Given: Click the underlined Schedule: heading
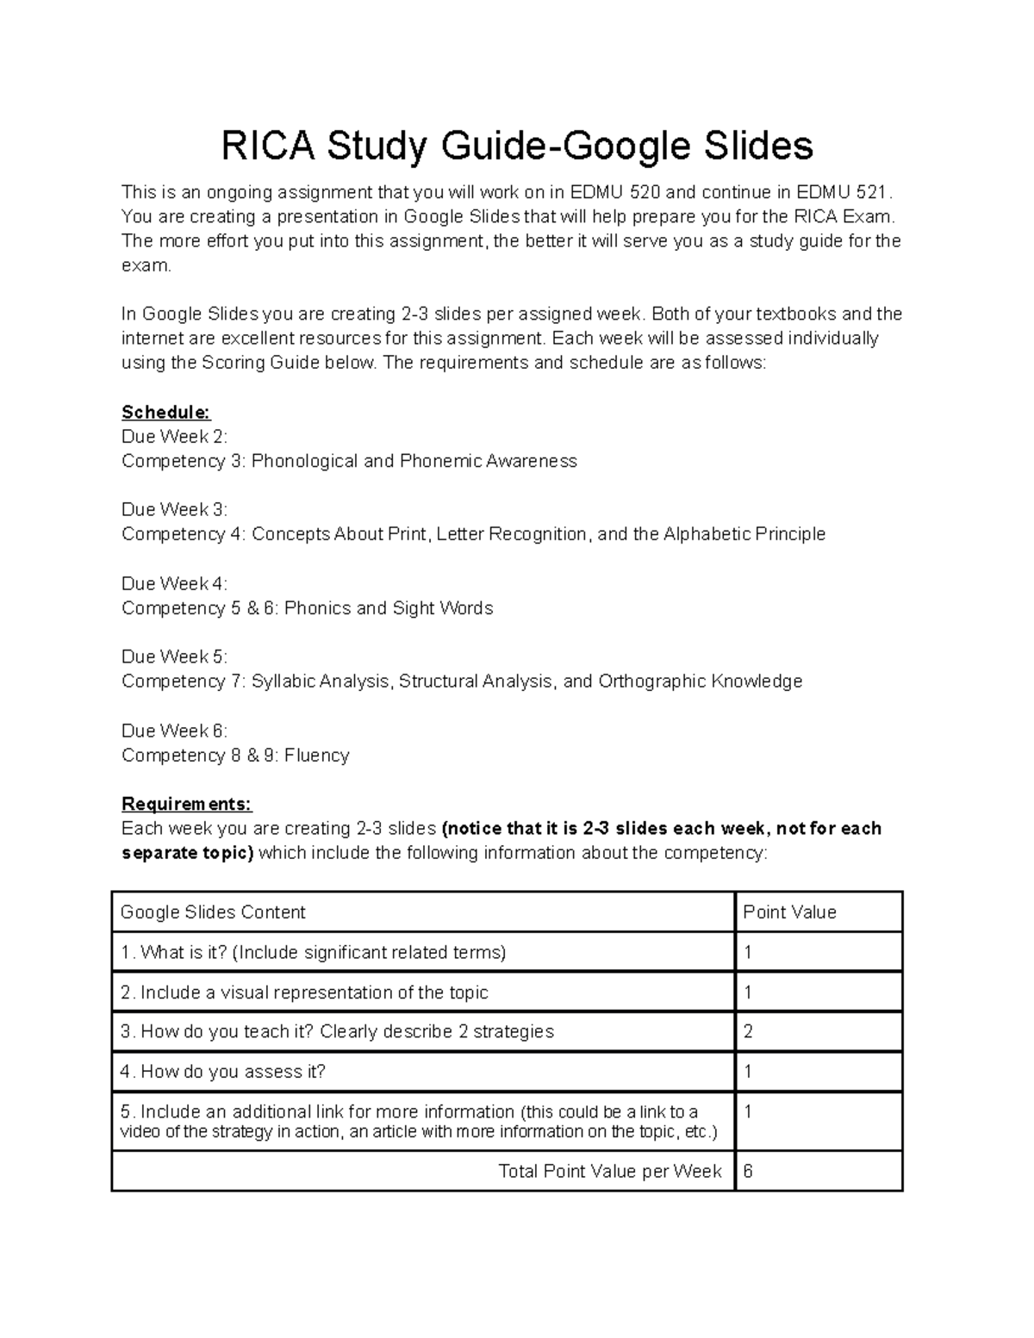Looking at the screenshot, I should point(165,412).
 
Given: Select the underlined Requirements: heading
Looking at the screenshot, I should point(186,804).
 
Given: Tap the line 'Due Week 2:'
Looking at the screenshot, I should point(174,436).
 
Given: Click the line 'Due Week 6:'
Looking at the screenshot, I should point(174,731).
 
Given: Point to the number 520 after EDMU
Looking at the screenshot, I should point(645,191).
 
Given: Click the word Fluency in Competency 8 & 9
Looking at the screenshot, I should point(316,756).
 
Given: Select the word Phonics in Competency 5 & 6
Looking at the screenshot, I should point(316,608).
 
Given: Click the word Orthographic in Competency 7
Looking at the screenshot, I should point(651,681).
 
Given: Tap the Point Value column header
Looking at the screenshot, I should point(789,912).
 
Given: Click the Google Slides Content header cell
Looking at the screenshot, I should point(213,912).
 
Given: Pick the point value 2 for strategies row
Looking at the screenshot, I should point(748,1032).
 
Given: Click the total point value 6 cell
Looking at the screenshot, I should point(748,1172).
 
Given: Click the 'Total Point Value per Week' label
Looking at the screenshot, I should point(609,1172).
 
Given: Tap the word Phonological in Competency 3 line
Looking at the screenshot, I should point(304,461).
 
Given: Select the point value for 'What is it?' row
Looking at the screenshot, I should point(748,953).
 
